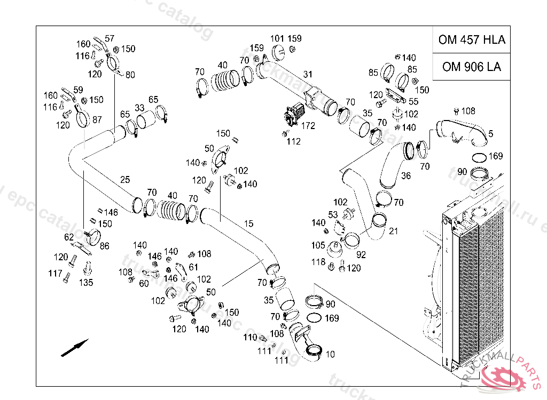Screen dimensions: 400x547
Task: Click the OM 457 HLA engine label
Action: click(x=471, y=39)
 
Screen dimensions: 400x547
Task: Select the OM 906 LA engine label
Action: click(x=471, y=67)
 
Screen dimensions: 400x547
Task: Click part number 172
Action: click(x=308, y=126)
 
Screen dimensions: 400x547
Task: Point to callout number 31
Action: click(x=308, y=74)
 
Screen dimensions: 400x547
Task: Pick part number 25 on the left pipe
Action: click(x=124, y=180)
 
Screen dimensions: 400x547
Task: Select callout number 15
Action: click(x=249, y=223)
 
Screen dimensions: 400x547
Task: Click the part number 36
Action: click(x=406, y=176)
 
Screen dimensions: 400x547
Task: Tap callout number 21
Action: click(x=394, y=231)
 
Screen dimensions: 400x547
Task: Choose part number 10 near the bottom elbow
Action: click(x=330, y=354)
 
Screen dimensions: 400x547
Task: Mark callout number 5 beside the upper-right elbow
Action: click(x=490, y=133)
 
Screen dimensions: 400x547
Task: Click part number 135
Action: click(x=86, y=283)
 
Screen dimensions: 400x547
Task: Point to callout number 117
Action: click(x=55, y=274)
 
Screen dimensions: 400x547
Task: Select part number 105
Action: click(x=318, y=245)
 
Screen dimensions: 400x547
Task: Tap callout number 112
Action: click(x=293, y=141)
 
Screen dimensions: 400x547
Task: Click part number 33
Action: click(x=139, y=108)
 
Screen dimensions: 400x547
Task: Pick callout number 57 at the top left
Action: click(x=110, y=38)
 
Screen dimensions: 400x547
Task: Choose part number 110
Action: click(x=250, y=337)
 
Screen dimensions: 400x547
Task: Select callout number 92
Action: click(x=361, y=255)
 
